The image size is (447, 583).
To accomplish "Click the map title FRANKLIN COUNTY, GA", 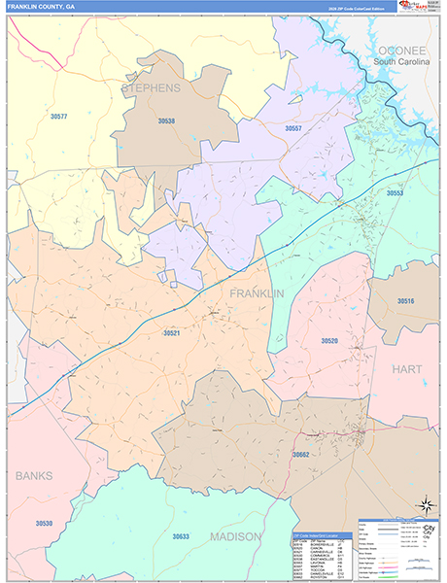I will [x=40, y=6].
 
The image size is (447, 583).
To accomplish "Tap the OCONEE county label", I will [x=402, y=50].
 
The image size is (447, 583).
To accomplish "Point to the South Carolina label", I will [x=400, y=62].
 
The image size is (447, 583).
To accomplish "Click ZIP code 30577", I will [x=58, y=117].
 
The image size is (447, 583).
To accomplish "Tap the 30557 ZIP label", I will [x=292, y=128].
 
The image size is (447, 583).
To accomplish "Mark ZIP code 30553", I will [x=395, y=193].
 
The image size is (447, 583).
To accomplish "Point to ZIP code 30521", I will [x=172, y=333].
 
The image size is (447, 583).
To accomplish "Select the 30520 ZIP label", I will [x=329, y=341].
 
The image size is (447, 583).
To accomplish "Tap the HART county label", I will [x=407, y=369].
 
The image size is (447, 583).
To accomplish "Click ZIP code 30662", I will [x=300, y=454].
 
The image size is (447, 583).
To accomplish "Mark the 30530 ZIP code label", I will [x=44, y=524].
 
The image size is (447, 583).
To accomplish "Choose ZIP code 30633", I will [x=181, y=536].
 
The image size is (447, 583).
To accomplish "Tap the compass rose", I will [x=425, y=505].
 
